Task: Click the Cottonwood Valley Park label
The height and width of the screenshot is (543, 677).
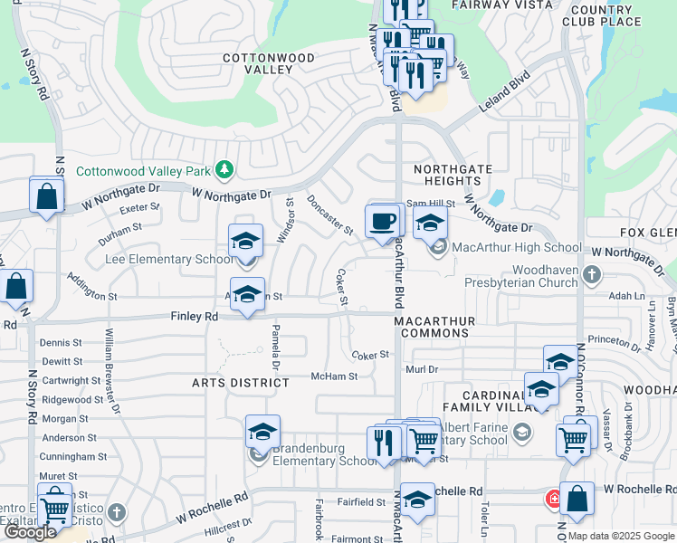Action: (x=143, y=171)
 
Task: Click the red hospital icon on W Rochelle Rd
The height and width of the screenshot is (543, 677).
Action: (x=552, y=498)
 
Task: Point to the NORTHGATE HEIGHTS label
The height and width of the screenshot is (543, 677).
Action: (x=453, y=176)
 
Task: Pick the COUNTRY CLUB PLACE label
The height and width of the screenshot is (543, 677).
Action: (x=602, y=14)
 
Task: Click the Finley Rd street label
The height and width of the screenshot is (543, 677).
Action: (x=195, y=317)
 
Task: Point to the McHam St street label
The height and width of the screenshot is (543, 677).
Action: (x=334, y=376)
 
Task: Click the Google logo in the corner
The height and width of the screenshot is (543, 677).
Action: (x=30, y=532)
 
